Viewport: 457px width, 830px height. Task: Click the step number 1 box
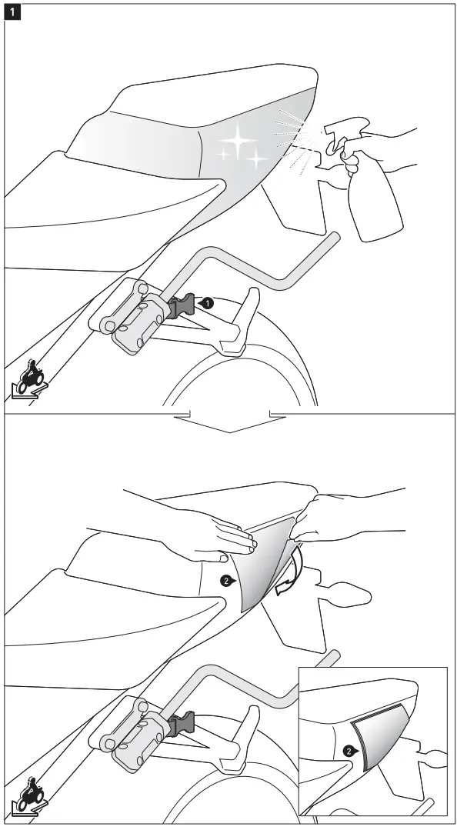12,13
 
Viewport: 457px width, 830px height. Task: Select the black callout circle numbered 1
206,304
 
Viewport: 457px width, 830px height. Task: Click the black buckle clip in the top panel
182,307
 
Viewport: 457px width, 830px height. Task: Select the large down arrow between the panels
229,422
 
